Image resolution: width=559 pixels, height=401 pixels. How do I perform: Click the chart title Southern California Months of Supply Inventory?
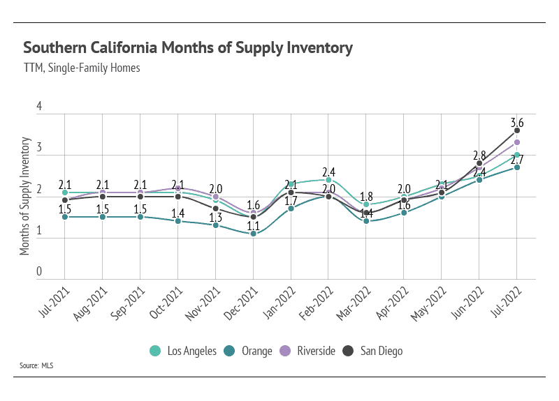click(x=188, y=48)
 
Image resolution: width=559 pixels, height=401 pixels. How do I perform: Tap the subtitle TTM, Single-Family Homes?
click(x=82, y=68)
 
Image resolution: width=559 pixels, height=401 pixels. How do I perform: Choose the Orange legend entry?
click(x=250, y=350)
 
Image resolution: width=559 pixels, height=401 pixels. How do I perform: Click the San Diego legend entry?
click(x=375, y=350)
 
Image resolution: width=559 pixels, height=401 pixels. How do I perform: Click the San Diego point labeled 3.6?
click(x=517, y=130)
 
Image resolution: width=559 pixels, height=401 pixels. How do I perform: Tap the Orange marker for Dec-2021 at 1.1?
click(x=254, y=234)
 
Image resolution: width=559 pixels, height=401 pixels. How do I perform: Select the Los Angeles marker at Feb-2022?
click(x=328, y=180)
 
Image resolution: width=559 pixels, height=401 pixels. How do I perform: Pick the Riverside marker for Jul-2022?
click(x=517, y=142)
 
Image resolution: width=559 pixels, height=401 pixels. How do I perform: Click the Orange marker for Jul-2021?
click(x=65, y=217)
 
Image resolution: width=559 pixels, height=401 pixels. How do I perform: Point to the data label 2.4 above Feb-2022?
click(x=329, y=172)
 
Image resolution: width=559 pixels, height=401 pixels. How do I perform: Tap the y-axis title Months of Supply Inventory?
click(x=25, y=197)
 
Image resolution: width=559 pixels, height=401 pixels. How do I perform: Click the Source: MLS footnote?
click(x=38, y=365)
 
